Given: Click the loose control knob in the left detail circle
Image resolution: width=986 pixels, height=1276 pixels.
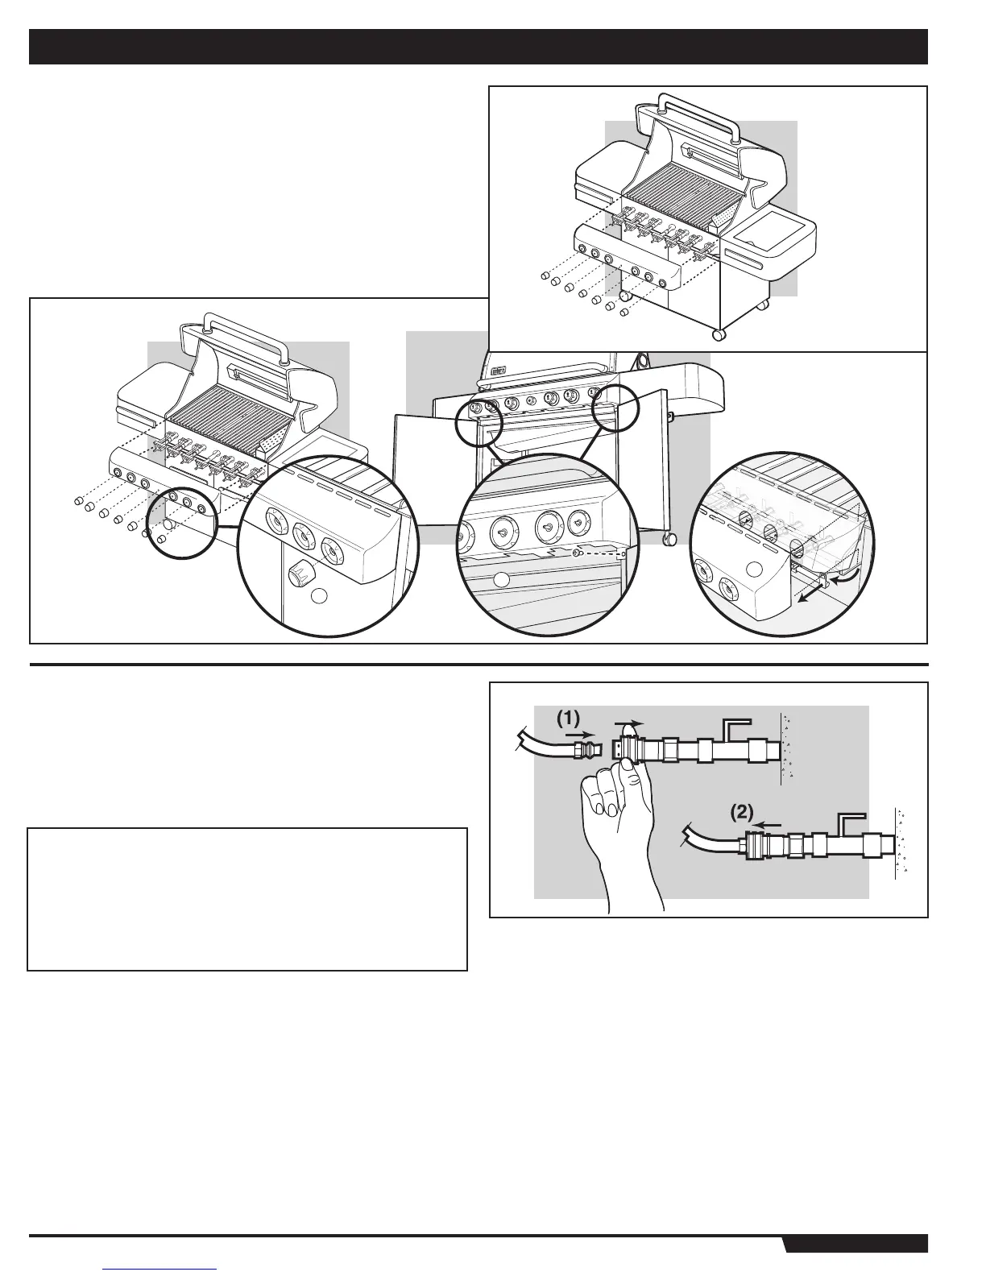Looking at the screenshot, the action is pos(302,573).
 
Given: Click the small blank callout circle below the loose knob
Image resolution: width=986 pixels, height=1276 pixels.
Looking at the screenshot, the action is pos(319,596).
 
